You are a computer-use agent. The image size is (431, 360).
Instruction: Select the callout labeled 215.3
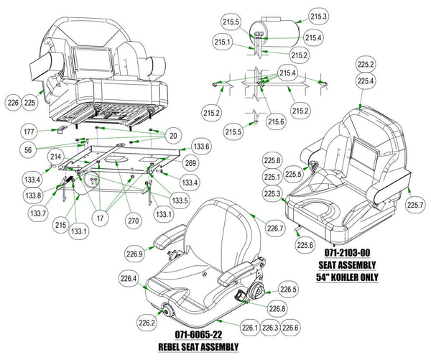click(x=318, y=17)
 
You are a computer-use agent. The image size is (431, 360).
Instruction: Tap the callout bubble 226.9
click(x=136, y=253)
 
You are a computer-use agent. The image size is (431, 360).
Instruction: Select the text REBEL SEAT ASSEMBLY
click(x=200, y=346)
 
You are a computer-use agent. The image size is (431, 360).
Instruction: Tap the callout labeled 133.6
click(x=201, y=147)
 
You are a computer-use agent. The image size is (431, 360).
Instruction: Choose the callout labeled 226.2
click(x=148, y=323)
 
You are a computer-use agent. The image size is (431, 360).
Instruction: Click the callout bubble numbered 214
click(x=55, y=157)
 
